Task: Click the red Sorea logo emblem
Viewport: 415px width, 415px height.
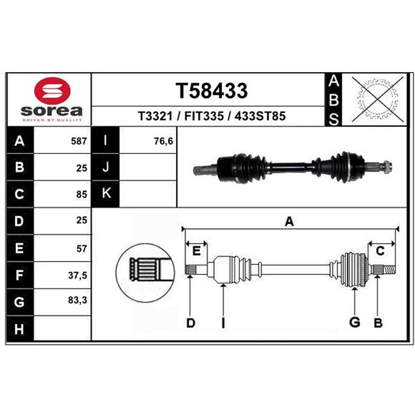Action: tap(52, 90)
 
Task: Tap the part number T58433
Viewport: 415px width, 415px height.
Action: tap(212, 90)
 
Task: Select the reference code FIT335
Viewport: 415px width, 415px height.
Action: tap(204, 116)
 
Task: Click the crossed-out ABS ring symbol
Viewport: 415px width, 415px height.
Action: tap(377, 100)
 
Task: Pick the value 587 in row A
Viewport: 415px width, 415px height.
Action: tap(79, 141)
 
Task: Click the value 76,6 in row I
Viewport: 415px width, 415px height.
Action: tap(163, 141)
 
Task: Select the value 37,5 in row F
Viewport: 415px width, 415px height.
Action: tap(77, 275)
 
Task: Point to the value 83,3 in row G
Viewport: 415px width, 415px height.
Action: tap(77, 300)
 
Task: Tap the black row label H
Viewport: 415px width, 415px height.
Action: tap(20, 329)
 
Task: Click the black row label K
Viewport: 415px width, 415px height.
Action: tap(106, 193)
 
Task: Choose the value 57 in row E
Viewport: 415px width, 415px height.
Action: tap(81, 248)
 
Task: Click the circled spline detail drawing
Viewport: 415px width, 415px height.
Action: tap(145, 273)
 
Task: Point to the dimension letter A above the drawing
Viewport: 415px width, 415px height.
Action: tap(289, 222)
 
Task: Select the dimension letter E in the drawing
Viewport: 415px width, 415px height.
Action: tap(196, 251)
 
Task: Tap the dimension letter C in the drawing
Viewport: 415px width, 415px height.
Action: tap(380, 251)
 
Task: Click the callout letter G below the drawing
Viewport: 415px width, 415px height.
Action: tap(355, 322)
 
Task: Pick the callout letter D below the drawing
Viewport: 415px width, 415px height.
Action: tap(190, 323)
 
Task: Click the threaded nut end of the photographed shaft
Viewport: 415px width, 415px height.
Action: tap(386, 167)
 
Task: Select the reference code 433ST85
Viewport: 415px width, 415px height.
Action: tap(260, 116)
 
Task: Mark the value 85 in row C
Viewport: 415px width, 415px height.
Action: tap(81, 194)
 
